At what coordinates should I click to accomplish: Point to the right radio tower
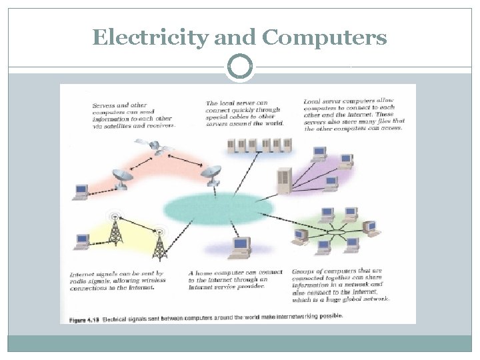pos(159,245)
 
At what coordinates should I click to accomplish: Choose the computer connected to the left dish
pos(81,192)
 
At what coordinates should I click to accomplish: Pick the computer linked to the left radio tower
pos(83,241)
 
